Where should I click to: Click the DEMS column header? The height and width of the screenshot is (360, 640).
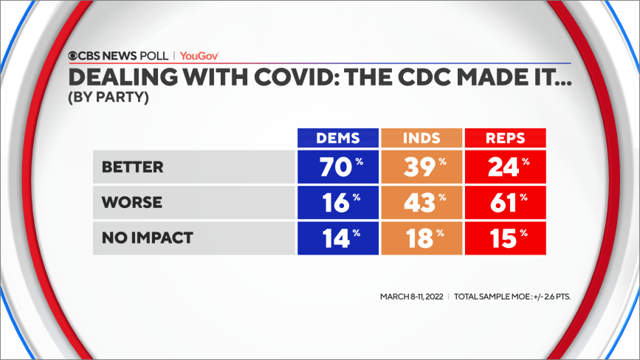(x=337, y=138)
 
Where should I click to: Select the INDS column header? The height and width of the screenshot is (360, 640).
(x=421, y=138)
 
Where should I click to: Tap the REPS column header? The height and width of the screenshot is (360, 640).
(x=504, y=138)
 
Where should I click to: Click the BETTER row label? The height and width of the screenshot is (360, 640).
(x=133, y=167)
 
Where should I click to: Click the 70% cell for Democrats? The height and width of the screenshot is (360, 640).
(x=337, y=167)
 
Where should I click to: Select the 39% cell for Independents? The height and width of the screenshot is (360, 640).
(x=421, y=167)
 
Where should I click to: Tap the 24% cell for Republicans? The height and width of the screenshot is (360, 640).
(x=504, y=167)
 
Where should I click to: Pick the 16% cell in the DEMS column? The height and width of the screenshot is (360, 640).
(x=337, y=202)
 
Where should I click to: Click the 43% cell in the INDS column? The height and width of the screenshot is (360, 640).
(x=421, y=202)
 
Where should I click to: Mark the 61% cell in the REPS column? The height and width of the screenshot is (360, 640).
(x=504, y=202)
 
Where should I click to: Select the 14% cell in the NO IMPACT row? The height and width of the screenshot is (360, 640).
(x=337, y=238)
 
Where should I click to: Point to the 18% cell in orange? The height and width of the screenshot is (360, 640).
(x=421, y=238)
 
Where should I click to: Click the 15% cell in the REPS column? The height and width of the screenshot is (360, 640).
(x=504, y=238)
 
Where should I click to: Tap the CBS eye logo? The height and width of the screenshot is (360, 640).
(x=74, y=55)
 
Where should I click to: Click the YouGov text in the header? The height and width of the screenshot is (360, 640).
(x=199, y=55)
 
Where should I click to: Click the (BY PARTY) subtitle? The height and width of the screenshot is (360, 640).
(x=109, y=97)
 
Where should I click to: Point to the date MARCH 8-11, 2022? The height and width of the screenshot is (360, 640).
(x=410, y=297)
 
